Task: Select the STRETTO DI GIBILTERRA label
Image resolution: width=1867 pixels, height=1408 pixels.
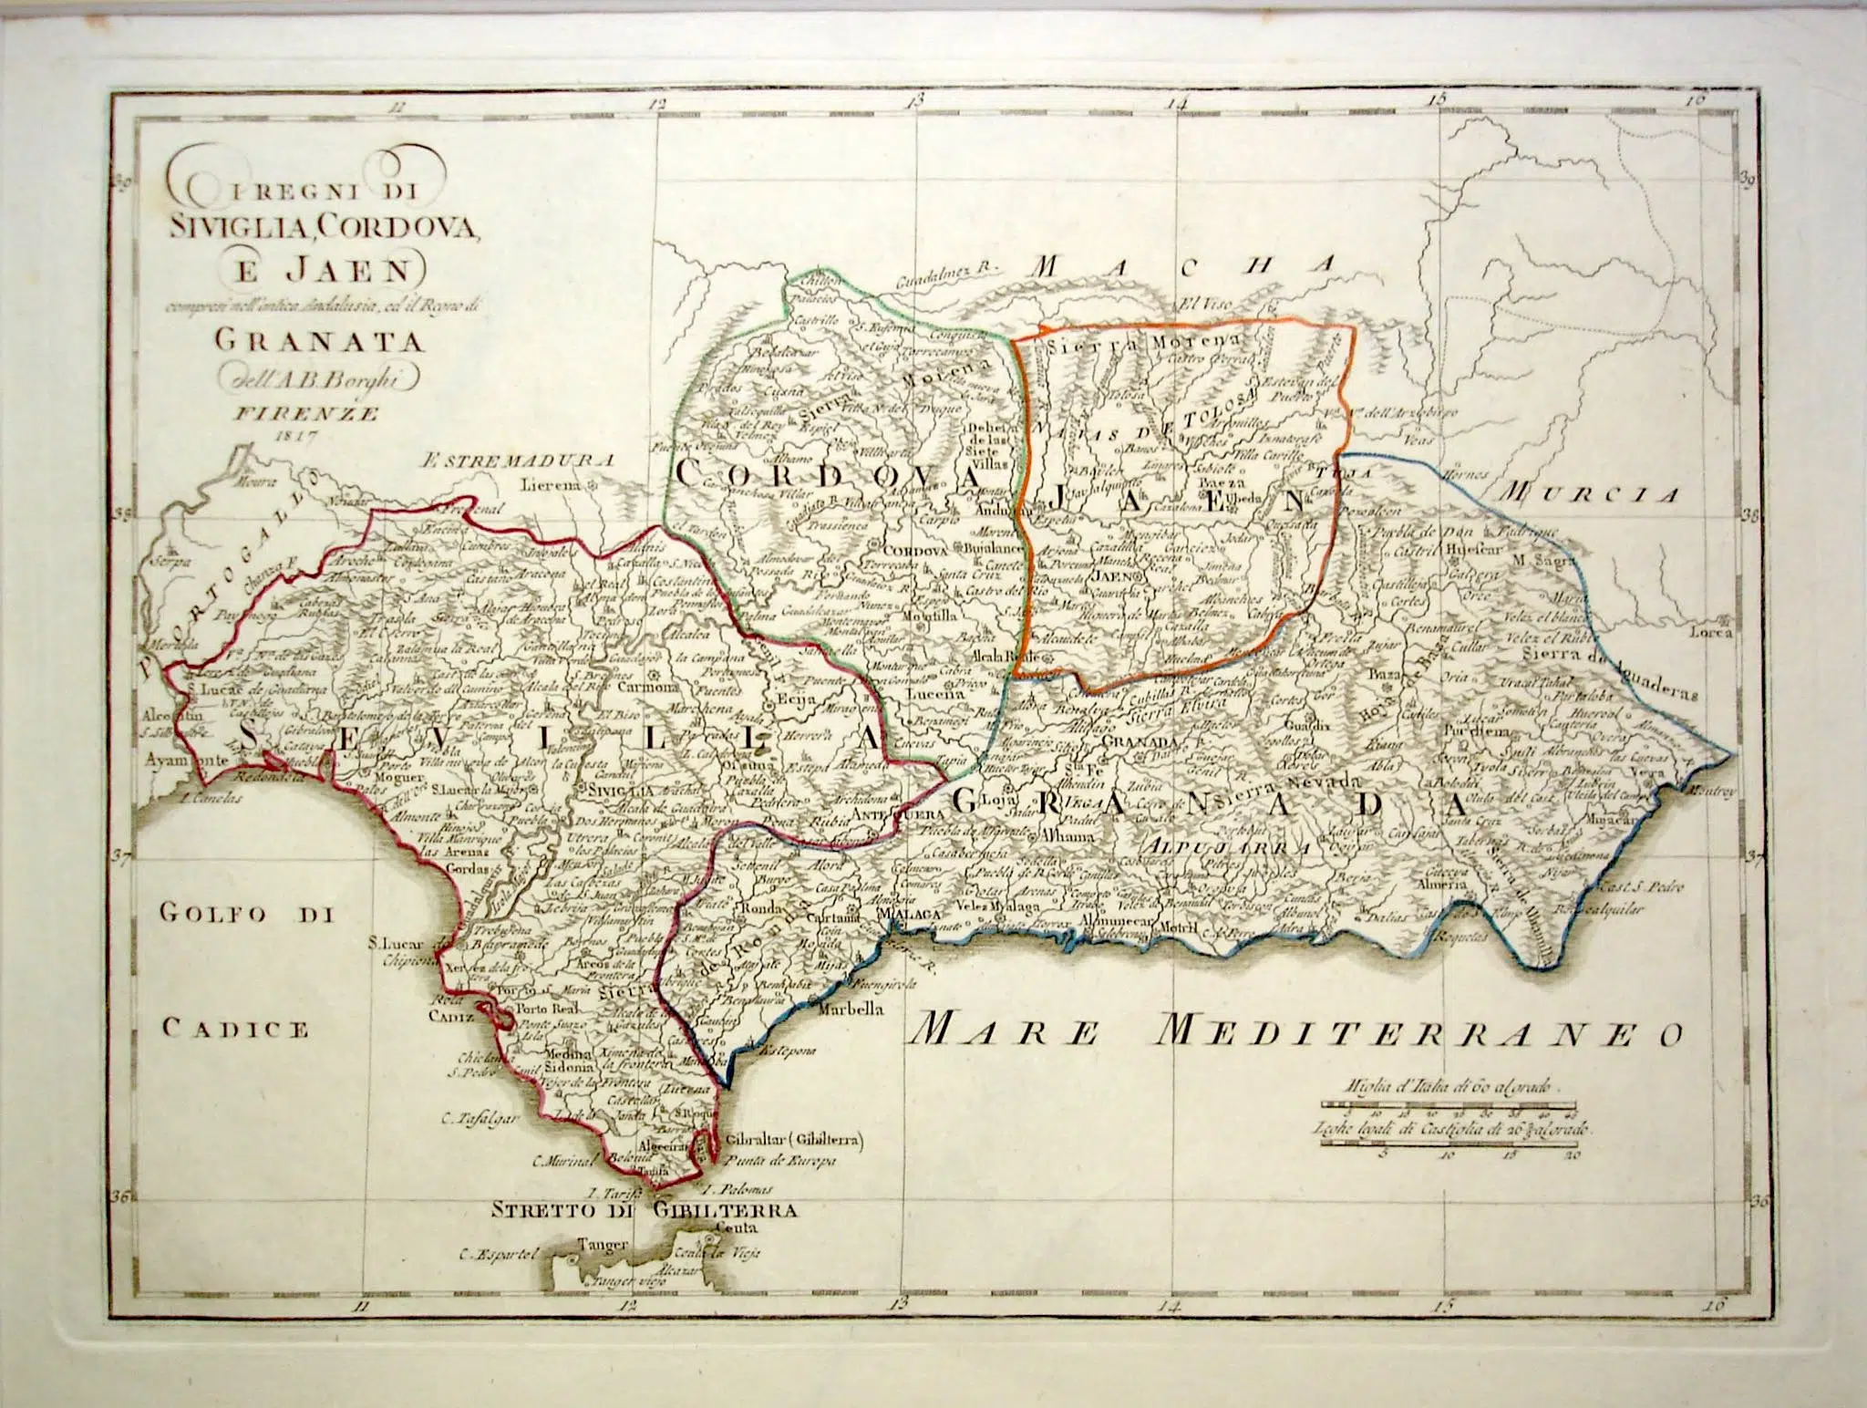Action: click(x=645, y=1211)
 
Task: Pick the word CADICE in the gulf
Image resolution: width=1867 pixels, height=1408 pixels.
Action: click(x=235, y=1029)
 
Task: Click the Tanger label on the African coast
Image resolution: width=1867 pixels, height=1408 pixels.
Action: click(x=603, y=1244)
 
